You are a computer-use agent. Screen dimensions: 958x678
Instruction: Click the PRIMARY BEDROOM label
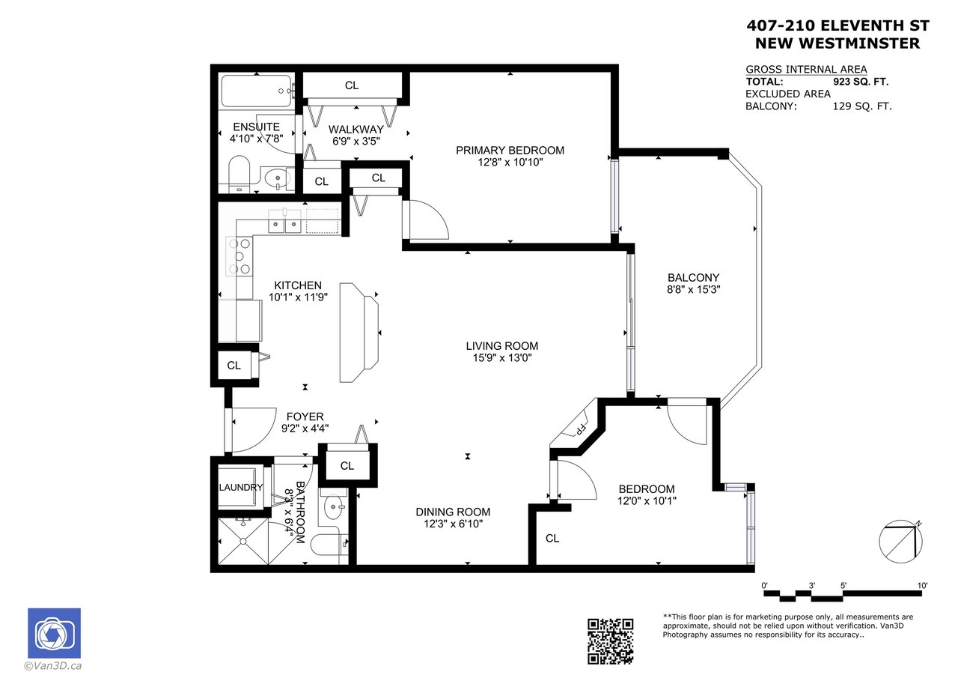pos(510,151)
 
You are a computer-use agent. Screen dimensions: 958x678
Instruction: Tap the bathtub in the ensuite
pos(257,91)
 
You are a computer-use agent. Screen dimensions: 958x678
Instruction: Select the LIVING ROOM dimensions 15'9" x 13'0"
pos(502,357)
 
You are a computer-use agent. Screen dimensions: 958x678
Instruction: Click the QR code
pos(610,641)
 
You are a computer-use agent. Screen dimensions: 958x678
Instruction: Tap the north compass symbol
pos(900,542)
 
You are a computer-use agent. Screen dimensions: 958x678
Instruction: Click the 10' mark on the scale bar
pos(922,586)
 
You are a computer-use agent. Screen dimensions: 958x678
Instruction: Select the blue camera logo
pos(55,633)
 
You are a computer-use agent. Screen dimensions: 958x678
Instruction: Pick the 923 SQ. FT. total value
pos(861,82)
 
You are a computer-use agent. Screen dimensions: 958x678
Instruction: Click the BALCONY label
pos(693,277)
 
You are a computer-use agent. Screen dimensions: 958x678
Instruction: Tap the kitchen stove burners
pos(239,256)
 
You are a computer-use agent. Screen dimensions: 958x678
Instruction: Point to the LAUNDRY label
pos(241,487)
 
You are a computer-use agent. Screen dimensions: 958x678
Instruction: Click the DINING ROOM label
pos(453,512)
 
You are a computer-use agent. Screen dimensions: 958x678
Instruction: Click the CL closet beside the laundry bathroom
pos(347,466)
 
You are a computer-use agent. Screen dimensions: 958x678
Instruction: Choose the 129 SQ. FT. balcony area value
pos(862,106)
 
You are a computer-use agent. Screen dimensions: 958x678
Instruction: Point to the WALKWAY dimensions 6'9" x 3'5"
pos(356,141)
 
